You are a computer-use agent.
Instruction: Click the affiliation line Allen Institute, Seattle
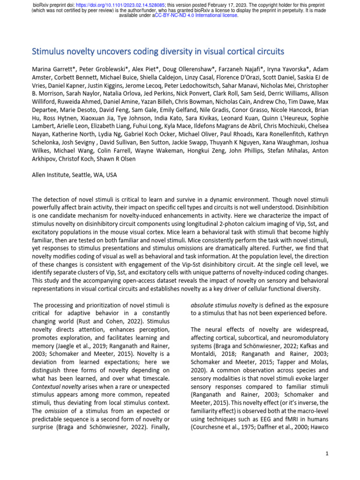pos(74,175)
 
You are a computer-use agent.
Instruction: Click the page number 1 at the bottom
pos(327,454)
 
